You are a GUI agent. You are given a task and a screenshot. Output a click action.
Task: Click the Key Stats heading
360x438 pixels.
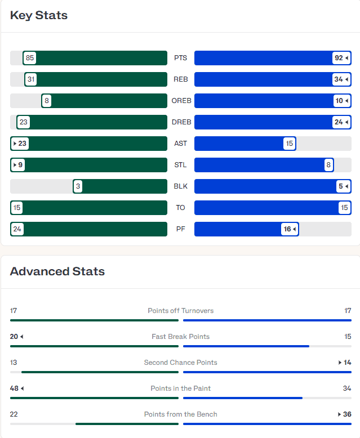39,15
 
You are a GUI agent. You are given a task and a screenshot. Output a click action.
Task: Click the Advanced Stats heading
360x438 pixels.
57,271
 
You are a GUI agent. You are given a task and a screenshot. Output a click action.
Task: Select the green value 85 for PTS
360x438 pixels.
30,58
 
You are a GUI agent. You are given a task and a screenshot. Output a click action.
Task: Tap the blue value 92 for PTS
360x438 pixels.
339,58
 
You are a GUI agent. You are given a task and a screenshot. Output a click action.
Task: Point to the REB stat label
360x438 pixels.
181,79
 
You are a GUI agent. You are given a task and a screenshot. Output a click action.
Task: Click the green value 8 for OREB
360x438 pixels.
47,101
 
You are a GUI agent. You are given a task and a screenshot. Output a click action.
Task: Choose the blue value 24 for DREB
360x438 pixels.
339,122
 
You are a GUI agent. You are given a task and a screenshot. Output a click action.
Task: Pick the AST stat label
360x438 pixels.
181,144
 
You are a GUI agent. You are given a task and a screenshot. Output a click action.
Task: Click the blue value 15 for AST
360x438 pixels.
290,144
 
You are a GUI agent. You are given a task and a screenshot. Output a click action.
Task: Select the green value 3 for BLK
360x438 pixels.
78,186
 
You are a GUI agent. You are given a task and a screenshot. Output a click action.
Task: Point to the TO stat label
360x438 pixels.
181,208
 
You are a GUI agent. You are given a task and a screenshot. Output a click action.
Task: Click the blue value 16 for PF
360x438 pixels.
288,229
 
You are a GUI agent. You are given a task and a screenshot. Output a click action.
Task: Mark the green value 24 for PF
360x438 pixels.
17,229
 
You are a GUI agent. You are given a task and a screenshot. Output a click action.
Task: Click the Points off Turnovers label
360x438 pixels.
181,311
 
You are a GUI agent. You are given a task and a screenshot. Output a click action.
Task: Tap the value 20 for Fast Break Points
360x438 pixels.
14,337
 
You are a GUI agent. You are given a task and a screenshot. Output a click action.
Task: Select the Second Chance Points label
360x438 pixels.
181,363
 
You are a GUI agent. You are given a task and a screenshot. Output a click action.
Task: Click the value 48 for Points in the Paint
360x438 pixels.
14,388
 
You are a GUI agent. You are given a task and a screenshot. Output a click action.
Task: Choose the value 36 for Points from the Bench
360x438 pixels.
347,414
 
